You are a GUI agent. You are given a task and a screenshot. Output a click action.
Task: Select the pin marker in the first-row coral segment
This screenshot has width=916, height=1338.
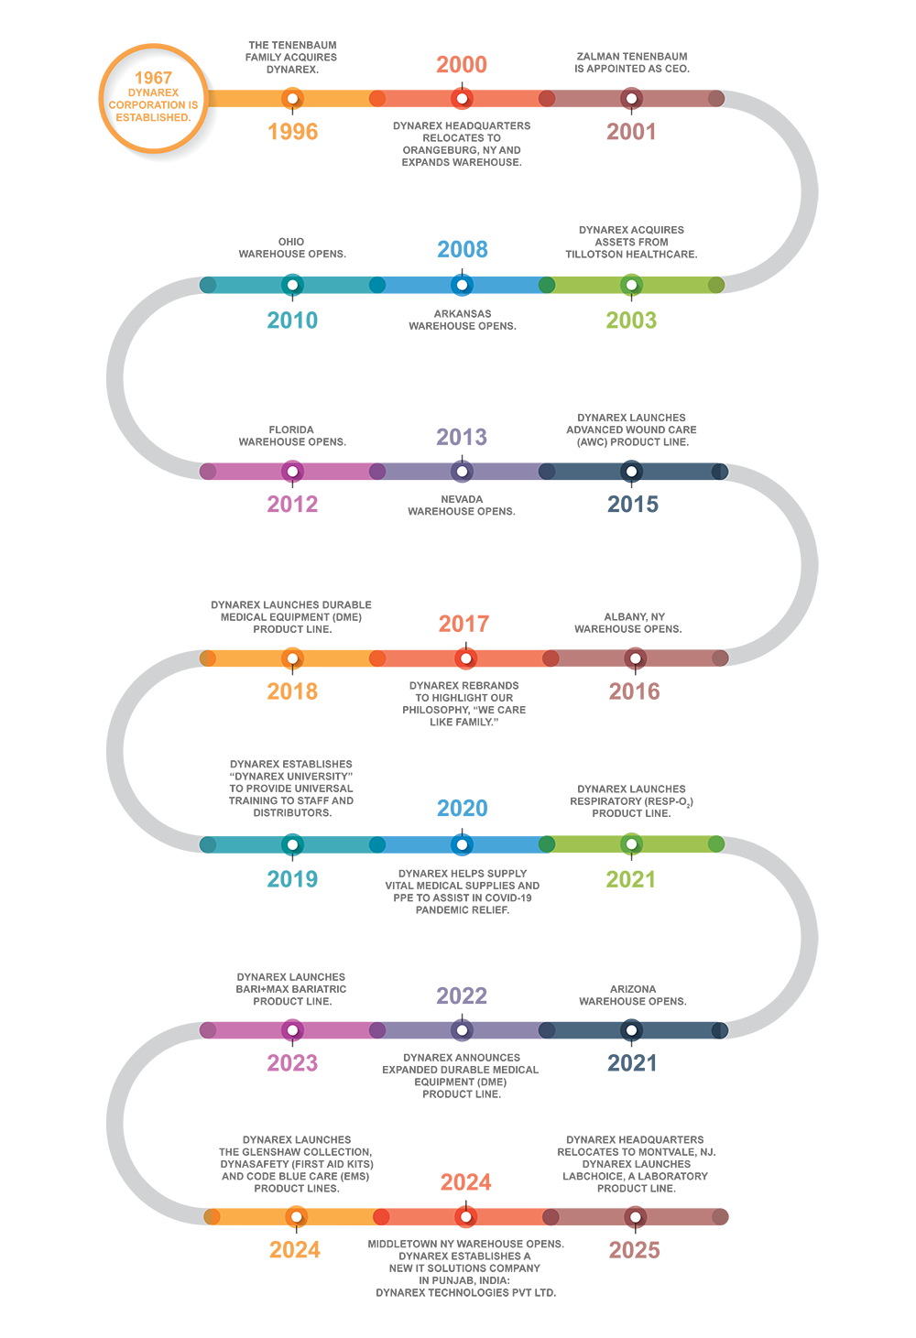[463, 99]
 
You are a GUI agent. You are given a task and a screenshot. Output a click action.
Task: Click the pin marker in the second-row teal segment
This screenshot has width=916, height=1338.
[292, 285]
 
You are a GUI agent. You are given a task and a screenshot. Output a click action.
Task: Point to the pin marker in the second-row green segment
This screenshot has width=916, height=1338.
[631, 285]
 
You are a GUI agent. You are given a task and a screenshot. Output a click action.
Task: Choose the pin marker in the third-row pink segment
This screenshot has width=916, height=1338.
[292, 472]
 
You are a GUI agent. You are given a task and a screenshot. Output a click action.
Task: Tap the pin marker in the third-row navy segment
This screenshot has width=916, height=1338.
[631, 472]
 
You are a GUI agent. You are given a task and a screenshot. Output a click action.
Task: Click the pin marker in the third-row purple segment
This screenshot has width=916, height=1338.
[463, 472]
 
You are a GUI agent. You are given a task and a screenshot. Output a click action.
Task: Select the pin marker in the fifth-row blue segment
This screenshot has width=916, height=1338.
[463, 844]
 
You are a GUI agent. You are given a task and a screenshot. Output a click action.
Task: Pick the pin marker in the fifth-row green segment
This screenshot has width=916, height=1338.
[631, 844]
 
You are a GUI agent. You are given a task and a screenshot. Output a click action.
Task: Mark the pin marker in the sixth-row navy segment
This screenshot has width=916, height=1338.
[631, 1030]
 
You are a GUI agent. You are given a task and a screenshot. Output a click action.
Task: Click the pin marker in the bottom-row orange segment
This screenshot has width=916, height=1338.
[296, 1217]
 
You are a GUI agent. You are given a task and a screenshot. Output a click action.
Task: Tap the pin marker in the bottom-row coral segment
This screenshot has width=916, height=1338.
[466, 1217]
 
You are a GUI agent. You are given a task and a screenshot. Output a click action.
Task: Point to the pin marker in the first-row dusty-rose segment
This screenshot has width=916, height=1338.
[631, 99]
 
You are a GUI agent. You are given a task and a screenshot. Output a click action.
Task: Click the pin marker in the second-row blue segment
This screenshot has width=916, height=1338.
[463, 285]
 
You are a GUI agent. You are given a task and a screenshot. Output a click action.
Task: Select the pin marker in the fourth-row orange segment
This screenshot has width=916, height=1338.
[292, 658]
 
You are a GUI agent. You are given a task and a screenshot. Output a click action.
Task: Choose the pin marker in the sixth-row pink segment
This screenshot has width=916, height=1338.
[292, 1030]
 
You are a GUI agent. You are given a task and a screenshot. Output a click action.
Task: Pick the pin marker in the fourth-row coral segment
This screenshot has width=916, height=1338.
[466, 658]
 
